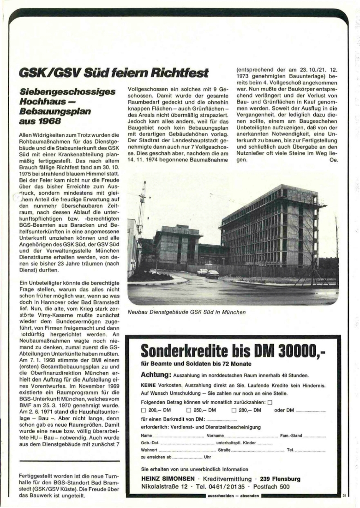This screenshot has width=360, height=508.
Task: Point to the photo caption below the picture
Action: pyautogui.click(x=187, y=312)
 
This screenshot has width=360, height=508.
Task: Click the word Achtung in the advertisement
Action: pyautogui.click(x=156, y=375)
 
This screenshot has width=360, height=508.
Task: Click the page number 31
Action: pyautogui.click(x=344, y=496)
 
